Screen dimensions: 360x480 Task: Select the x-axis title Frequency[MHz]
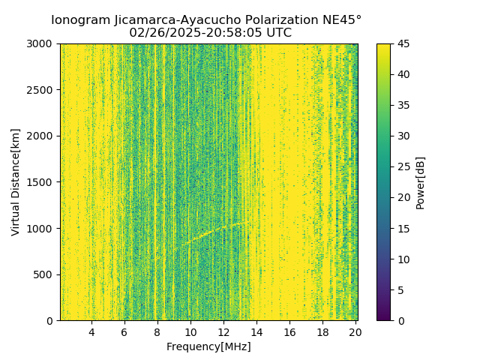pyautogui.click(x=208, y=346)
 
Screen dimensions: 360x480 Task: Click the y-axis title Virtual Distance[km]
pyautogui.click(x=15, y=182)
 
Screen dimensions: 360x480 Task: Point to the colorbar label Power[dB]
pyautogui.click(x=421, y=182)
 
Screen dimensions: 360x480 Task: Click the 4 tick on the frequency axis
pyautogui.click(x=91, y=332)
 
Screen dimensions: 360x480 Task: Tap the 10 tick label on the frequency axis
pyautogui.click(x=190, y=332)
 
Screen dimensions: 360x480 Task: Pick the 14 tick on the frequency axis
pyautogui.click(x=256, y=332)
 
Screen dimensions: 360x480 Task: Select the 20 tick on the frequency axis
pyautogui.click(x=355, y=332)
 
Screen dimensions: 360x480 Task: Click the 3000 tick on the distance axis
pyautogui.click(x=42, y=43)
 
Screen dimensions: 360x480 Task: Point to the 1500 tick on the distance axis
pyautogui.click(x=42, y=182)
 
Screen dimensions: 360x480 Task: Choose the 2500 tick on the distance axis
pyautogui.click(x=42, y=90)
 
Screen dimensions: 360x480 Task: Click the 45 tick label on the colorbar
pyautogui.click(x=403, y=43)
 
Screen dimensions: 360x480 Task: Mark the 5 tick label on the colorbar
pyautogui.click(x=400, y=289)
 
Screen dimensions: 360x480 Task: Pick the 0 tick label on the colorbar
pyautogui.click(x=400, y=320)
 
